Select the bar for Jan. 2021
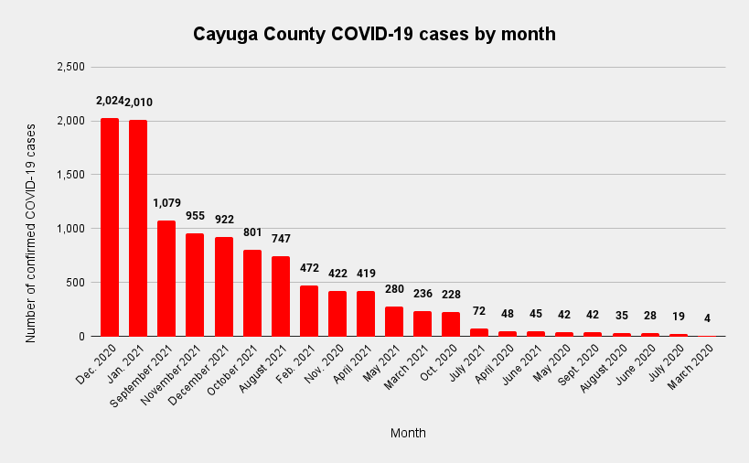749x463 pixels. (138, 228)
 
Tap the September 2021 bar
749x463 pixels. (166, 278)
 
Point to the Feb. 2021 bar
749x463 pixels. (309, 311)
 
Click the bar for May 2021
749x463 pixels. (395, 321)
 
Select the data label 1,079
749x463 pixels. (166, 203)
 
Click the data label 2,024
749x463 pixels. (109, 101)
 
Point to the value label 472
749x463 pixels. (309, 267)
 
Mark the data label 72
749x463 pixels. (480, 312)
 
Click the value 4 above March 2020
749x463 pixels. (708, 318)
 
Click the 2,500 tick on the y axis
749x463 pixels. (70, 67)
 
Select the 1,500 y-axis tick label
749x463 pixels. (70, 175)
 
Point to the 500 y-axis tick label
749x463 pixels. (77, 283)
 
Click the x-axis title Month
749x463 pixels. (408, 433)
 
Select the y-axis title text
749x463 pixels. (31, 232)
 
